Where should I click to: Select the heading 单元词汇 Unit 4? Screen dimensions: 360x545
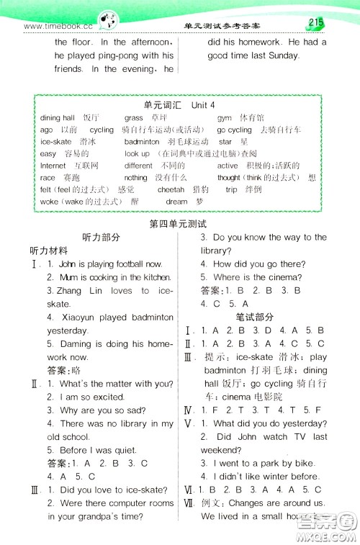[x=179, y=104]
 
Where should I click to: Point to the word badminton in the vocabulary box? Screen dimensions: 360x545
[x=142, y=142]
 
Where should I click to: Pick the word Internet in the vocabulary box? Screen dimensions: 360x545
[x=53, y=166]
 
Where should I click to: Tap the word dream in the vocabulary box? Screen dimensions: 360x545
[x=176, y=202]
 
